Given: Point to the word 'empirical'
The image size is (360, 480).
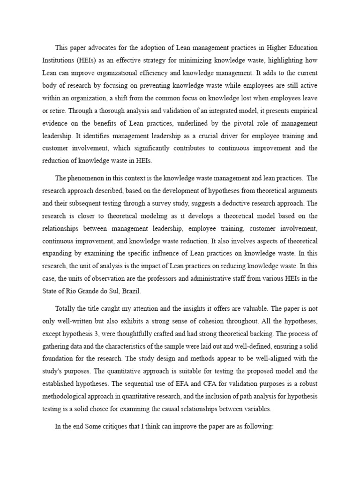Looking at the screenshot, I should pos(302,111).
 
